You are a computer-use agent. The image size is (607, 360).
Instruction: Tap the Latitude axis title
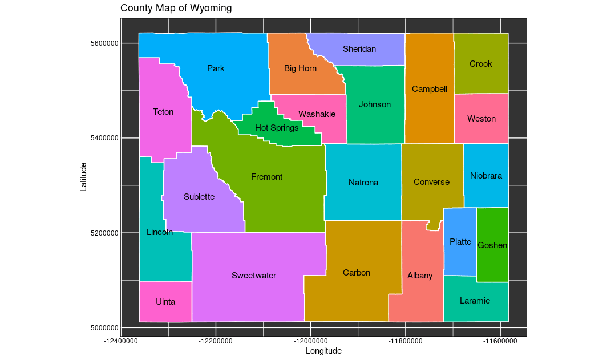tap(83, 177)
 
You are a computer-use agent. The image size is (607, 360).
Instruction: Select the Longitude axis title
tap(323, 351)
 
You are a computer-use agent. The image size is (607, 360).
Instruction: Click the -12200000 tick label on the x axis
tap(216, 341)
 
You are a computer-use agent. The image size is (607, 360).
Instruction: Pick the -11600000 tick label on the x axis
tap(500, 341)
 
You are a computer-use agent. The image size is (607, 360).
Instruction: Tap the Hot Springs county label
tap(277, 128)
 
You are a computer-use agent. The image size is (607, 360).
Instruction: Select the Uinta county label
tap(165, 302)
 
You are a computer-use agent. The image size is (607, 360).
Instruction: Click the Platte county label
tap(460, 242)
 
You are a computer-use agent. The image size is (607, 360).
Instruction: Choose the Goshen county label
tap(492, 245)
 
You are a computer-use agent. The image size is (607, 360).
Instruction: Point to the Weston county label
tap(481, 119)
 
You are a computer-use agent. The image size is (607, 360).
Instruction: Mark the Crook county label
tap(480, 64)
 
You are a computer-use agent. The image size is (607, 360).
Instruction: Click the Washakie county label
tap(317, 114)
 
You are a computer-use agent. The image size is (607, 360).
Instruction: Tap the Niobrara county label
tap(486, 176)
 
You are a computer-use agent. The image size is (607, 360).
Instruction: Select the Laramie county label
tap(475, 301)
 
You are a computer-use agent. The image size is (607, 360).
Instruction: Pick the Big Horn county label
tap(300, 68)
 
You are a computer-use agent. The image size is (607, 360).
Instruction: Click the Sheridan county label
tap(359, 49)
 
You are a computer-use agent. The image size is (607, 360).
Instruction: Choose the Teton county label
tap(163, 112)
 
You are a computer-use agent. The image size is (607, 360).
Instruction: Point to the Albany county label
tap(420, 276)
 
